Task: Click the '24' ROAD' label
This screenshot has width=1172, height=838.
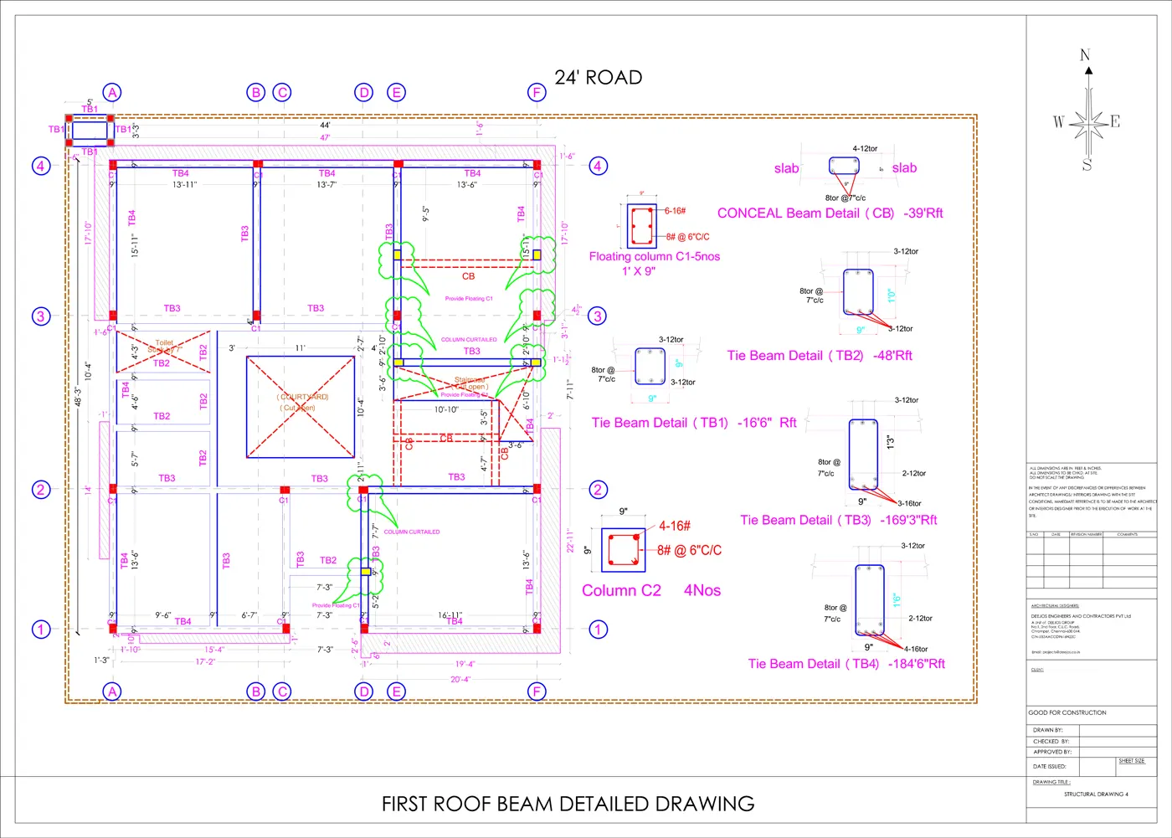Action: coord(598,78)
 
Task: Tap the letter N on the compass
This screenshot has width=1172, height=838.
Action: coord(1086,55)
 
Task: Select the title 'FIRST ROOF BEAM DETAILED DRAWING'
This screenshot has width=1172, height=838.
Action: coord(568,804)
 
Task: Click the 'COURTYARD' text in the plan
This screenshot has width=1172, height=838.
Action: coord(303,397)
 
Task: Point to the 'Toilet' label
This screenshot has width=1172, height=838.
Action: coord(164,342)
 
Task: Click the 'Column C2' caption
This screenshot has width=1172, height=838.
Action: coord(621,590)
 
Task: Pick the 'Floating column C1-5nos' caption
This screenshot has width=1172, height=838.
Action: coord(654,256)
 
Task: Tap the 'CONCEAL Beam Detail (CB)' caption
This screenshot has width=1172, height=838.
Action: coord(805,213)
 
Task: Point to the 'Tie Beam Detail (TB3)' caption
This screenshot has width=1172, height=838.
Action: coord(805,520)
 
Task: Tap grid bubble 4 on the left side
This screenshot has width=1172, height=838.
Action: coord(40,166)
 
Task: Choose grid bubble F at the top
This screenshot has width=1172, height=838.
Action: coord(537,92)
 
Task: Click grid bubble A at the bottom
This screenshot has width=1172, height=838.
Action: coord(112,691)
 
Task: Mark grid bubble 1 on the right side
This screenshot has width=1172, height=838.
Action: coord(598,629)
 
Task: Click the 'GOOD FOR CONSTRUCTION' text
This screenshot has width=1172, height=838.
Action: coord(1067,712)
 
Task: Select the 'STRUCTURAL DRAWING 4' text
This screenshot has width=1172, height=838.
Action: coord(1096,794)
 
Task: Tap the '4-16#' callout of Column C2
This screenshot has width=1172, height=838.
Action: coord(675,526)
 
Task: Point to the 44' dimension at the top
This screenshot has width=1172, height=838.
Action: coord(325,126)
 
